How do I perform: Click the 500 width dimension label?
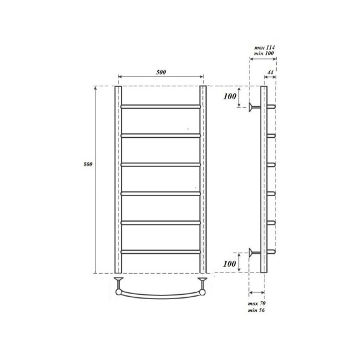[x=161, y=73]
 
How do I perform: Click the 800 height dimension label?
[x=88, y=164]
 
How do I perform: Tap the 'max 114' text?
[x=264, y=48]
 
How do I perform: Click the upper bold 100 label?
[x=230, y=96]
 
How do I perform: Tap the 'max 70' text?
[x=256, y=302]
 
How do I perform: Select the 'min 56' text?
[x=256, y=310]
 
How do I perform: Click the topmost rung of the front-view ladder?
[x=160, y=106]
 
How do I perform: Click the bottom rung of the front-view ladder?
[x=160, y=251]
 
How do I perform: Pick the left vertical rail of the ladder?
[x=117, y=179]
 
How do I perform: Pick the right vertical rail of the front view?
[x=202, y=179]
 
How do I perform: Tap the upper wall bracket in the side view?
[x=253, y=107]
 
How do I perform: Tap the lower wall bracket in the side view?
[x=253, y=252]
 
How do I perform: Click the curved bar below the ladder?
[x=160, y=293]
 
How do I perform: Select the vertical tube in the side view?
[x=264, y=179]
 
